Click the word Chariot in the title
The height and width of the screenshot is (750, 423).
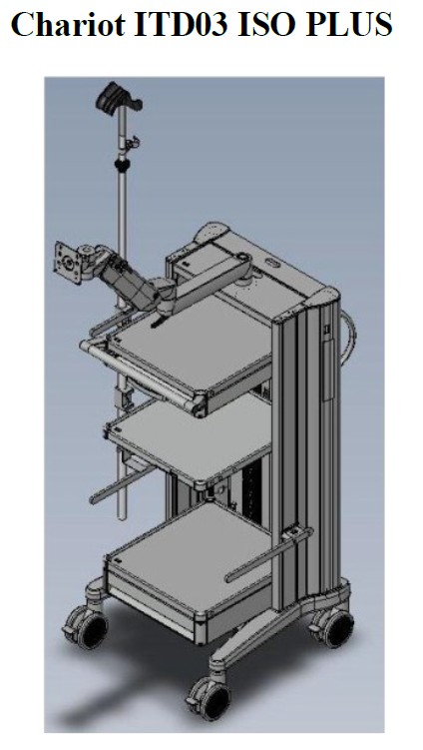click(x=69, y=23)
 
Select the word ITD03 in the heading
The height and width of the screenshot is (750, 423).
click(x=182, y=23)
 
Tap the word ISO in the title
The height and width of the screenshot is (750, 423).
click(x=266, y=23)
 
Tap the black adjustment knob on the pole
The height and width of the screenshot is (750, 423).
click(x=123, y=166)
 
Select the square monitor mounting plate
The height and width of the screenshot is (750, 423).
click(x=68, y=262)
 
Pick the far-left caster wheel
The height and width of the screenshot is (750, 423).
click(x=89, y=626)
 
